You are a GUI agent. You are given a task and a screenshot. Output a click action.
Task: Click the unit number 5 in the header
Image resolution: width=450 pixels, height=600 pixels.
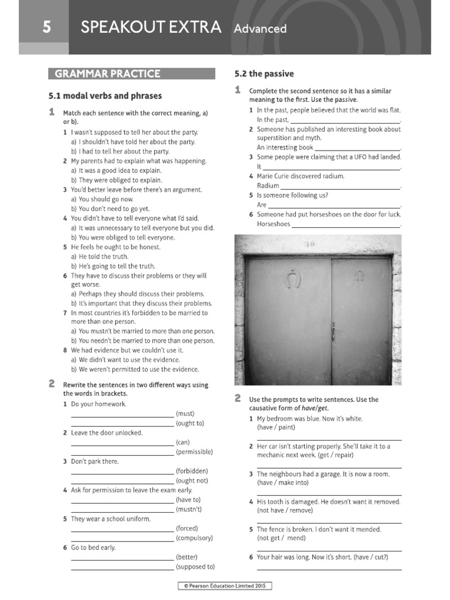(x=45, y=28)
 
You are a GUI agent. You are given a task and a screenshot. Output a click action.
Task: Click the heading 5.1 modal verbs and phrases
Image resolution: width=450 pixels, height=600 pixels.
(x=105, y=96)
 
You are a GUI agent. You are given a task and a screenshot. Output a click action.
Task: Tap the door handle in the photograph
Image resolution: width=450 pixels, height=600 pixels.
(x=334, y=332)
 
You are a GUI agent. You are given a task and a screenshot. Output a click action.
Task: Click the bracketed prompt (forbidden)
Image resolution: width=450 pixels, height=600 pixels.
(x=192, y=471)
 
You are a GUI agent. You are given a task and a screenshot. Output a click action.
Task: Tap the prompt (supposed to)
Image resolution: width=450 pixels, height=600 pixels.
(x=195, y=567)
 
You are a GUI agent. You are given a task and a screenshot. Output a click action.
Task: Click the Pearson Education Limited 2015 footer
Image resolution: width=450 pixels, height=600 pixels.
(x=225, y=585)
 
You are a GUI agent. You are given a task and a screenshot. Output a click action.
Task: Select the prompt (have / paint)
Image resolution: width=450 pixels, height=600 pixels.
(x=277, y=428)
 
